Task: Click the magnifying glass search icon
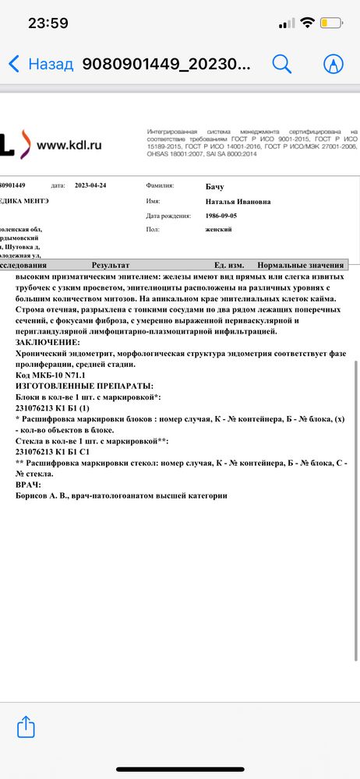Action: point(281,64)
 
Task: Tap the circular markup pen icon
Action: point(334,64)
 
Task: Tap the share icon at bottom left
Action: point(26,727)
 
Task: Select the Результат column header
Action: point(110,265)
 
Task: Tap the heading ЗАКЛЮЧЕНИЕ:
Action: point(48,342)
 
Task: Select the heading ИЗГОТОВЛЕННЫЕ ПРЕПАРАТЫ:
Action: point(84,386)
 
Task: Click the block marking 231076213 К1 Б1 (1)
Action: point(53,407)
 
